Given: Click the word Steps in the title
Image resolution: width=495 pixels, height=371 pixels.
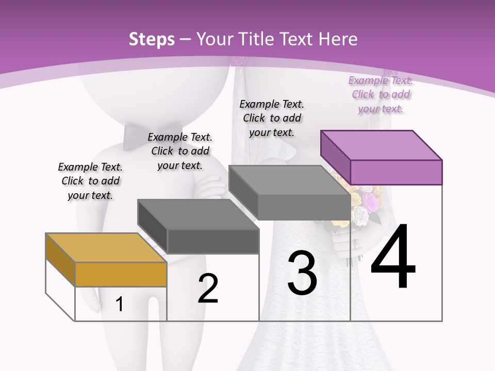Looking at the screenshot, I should point(152,39).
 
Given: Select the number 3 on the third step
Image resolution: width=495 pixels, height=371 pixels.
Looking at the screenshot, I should point(302,273).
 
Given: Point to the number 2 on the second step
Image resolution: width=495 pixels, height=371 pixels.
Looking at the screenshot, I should point(208,289).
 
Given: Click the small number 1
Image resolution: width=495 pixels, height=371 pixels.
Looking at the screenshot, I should point(120,304).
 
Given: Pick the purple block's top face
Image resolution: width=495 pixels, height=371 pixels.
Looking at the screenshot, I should point(381,145).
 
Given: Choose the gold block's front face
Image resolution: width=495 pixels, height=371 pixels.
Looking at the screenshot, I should point(121,274).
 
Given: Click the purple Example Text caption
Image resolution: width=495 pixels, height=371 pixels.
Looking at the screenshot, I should point(381,94).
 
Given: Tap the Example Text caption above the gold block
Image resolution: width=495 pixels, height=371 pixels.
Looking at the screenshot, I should point(90,181).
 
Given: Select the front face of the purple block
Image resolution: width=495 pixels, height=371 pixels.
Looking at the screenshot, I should point(396,172).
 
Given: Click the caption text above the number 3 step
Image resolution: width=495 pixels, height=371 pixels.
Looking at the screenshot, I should point(272,118).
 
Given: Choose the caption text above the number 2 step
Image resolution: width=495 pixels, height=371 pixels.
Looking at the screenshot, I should point(180,151).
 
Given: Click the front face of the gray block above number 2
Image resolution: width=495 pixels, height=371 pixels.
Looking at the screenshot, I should point(213,241).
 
